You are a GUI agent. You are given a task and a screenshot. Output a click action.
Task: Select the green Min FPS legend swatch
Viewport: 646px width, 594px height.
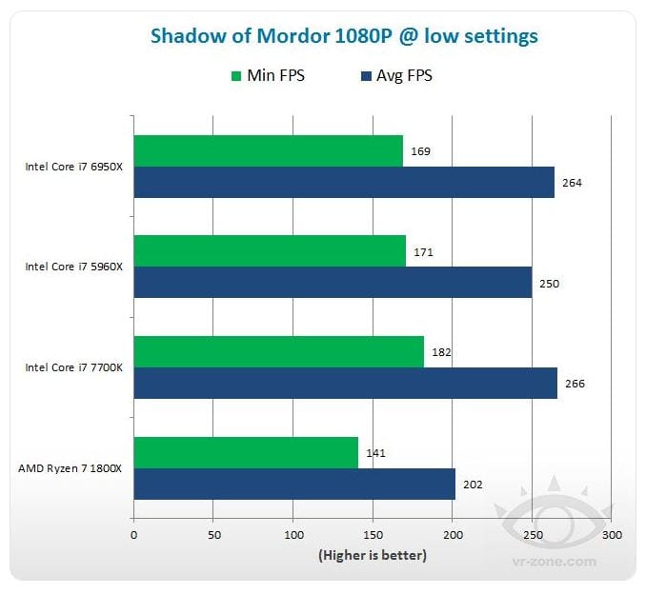(x=236, y=76)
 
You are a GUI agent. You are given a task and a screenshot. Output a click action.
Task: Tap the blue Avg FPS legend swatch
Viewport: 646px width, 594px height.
(x=366, y=76)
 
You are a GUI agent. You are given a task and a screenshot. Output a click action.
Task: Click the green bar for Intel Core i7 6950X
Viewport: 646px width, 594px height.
(x=268, y=151)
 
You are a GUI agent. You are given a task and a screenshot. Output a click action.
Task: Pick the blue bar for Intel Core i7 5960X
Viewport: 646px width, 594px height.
(x=333, y=282)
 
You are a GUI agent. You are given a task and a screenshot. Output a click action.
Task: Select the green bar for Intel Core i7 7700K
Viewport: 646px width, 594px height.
(x=279, y=352)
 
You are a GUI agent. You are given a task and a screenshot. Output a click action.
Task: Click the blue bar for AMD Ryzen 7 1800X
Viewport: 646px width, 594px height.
(x=294, y=485)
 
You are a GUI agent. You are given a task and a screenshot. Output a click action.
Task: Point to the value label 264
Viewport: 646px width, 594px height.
(x=572, y=183)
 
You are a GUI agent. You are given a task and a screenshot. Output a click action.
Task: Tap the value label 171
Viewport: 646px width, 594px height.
(x=423, y=252)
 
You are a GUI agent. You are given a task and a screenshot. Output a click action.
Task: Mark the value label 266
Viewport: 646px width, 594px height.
(x=575, y=384)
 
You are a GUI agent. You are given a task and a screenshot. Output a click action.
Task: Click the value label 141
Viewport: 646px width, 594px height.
(x=375, y=453)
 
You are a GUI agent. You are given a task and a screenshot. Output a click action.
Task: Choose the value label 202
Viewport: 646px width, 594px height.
(x=473, y=485)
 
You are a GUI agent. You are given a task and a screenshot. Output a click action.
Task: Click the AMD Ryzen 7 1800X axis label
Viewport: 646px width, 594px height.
(x=71, y=469)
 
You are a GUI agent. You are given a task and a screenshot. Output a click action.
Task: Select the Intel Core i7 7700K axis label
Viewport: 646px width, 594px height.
(x=73, y=367)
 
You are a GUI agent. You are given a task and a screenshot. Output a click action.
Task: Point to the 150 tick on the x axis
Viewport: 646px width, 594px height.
(x=373, y=535)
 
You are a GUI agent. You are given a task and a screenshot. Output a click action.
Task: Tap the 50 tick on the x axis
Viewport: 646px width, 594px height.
(x=214, y=535)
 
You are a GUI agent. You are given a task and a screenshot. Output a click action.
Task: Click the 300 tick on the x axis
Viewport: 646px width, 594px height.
(x=613, y=535)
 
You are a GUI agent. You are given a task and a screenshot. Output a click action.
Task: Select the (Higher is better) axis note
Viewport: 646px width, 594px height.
(x=373, y=555)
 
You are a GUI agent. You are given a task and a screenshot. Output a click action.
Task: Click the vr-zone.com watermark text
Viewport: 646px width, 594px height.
(x=555, y=562)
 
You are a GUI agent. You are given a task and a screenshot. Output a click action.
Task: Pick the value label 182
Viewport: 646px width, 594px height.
(x=441, y=352)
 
